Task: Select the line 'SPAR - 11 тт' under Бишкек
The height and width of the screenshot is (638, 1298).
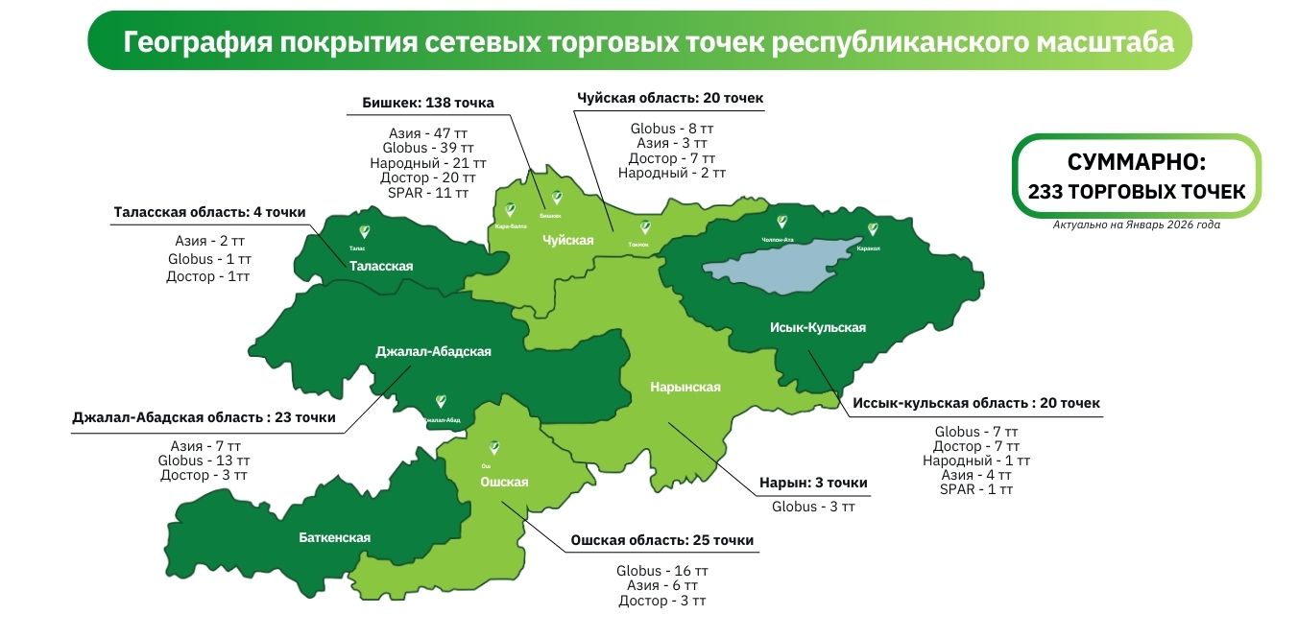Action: (428, 193)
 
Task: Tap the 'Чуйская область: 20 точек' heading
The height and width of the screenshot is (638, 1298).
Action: (670, 98)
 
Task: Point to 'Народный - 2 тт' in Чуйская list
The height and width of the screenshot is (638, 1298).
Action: (671, 174)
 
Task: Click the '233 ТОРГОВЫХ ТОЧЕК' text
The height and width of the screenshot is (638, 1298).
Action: (1137, 192)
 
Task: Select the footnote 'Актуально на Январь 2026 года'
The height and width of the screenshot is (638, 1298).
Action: (1137, 224)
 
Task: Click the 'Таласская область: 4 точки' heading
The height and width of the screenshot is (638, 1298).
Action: (209, 212)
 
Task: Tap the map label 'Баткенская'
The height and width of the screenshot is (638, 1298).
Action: (334, 537)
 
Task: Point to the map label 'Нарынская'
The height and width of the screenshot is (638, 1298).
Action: (685, 387)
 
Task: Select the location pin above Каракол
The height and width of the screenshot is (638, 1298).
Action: (873, 229)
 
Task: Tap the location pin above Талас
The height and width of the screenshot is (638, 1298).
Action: (364, 231)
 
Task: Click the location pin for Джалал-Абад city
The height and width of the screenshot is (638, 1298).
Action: (441, 401)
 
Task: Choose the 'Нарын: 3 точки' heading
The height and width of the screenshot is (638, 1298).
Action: (813, 483)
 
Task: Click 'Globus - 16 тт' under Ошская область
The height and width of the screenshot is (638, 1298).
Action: (662, 571)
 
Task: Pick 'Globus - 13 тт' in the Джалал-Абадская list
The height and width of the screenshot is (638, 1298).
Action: (204, 461)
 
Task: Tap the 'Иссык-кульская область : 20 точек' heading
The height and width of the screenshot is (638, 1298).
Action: (976, 403)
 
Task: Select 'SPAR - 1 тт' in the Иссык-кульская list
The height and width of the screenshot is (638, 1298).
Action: (976, 489)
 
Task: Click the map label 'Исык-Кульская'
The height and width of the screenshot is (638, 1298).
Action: (818, 328)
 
